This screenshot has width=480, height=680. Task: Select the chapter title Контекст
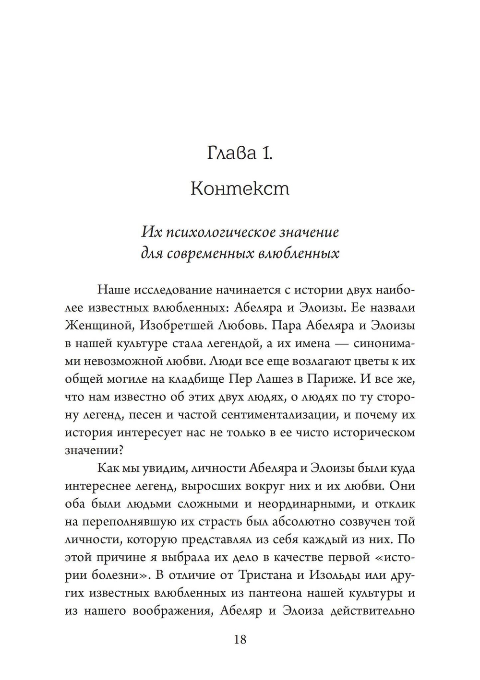point(240,188)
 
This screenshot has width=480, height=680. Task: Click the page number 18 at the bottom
point(240,639)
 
